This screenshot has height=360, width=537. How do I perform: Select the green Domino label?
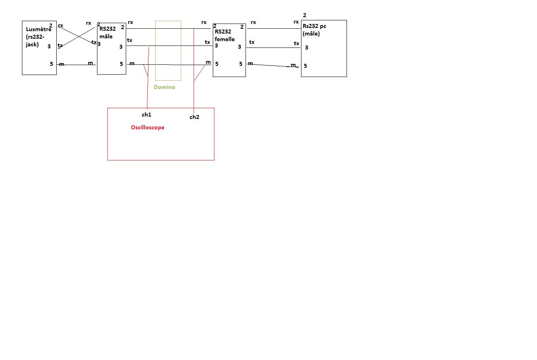point(164,87)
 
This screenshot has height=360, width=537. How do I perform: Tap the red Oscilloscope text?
point(148,127)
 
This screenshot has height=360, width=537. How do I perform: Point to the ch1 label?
point(147,115)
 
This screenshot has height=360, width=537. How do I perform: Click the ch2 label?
point(194,117)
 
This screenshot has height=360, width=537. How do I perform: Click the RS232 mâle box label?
point(107,32)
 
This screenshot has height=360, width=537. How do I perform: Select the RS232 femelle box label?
point(225,35)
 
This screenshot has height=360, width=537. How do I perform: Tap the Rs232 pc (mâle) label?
point(314,30)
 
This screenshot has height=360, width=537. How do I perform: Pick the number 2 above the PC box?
point(305,15)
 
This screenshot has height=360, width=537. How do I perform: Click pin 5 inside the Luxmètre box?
point(52,64)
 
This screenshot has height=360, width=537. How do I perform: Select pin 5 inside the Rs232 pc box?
point(305,66)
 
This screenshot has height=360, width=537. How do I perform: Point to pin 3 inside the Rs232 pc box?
point(307,47)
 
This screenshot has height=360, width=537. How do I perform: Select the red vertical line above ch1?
point(148,92)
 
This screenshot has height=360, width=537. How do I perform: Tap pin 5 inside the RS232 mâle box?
point(121,64)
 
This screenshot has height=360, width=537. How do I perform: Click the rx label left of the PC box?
point(296,22)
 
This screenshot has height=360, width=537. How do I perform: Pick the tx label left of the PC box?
point(296,43)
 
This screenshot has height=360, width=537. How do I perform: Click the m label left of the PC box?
point(293,65)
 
